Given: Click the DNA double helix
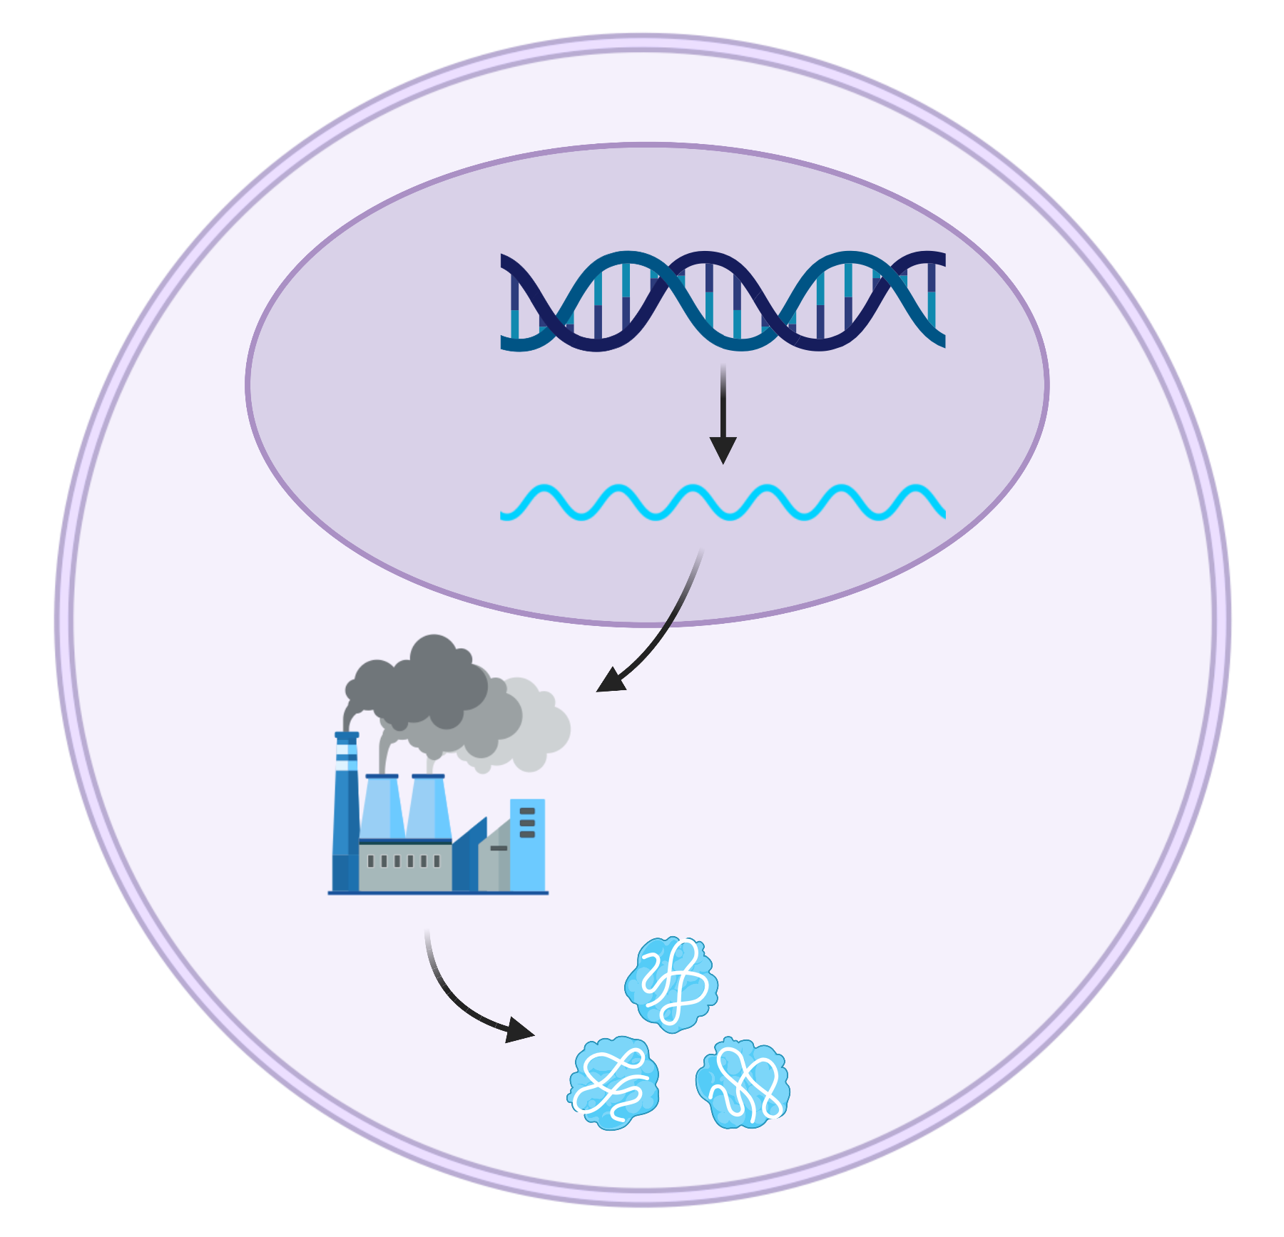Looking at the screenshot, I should [x=723, y=301].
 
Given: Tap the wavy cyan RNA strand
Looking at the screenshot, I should [x=723, y=503].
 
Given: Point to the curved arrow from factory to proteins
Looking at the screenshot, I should [x=457, y=998].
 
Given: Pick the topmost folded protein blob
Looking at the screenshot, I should [x=671, y=985].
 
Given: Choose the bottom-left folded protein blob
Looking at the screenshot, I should [x=613, y=1083].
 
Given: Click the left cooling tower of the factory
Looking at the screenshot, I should [x=382, y=806].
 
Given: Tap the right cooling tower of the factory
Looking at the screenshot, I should [x=429, y=806].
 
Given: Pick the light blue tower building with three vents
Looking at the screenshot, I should [x=527, y=845].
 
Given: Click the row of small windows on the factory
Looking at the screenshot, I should [x=403, y=861].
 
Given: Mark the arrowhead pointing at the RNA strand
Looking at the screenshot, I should [x=723, y=449].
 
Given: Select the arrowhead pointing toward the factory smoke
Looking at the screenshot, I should [x=610, y=680].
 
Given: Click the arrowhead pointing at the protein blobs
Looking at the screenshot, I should [x=519, y=1030].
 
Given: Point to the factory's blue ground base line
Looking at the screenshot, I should [x=438, y=892].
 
